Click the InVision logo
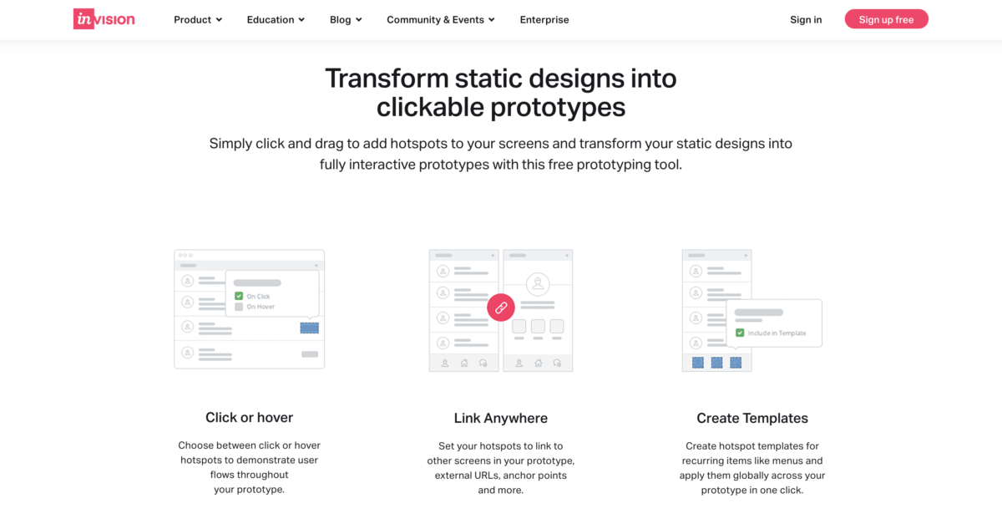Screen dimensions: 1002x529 pyautogui.click(x=104, y=19)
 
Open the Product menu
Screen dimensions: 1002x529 pyautogui.click(x=198, y=20)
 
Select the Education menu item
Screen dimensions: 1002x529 pyautogui.click(x=276, y=20)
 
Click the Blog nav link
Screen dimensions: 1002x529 pyautogui.click(x=346, y=20)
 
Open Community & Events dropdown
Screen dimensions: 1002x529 pyautogui.click(x=441, y=20)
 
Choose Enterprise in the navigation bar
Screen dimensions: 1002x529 pyautogui.click(x=544, y=20)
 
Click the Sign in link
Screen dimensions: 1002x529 pyautogui.click(x=806, y=20)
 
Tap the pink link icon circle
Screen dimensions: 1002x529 pyautogui.click(x=501, y=308)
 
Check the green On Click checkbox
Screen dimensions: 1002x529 pyautogui.click(x=239, y=296)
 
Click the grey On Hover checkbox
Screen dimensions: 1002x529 pyautogui.click(x=239, y=307)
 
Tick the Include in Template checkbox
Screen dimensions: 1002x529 pyautogui.click(x=740, y=333)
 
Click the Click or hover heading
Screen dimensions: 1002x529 pyautogui.click(x=249, y=418)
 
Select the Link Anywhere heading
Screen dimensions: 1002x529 pyautogui.click(x=500, y=418)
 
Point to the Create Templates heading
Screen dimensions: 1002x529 pyautogui.click(x=752, y=418)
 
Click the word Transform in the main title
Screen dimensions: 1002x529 pyautogui.click(x=387, y=79)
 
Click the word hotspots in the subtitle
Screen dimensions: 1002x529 pyautogui.click(x=418, y=143)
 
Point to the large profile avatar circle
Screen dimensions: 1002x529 pyautogui.click(x=538, y=284)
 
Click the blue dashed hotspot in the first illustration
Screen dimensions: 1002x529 pyautogui.click(x=310, y=328)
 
